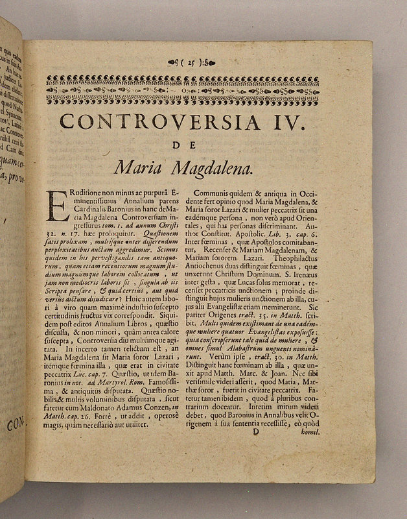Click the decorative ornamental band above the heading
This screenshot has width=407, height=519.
click(x=183, y=91)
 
